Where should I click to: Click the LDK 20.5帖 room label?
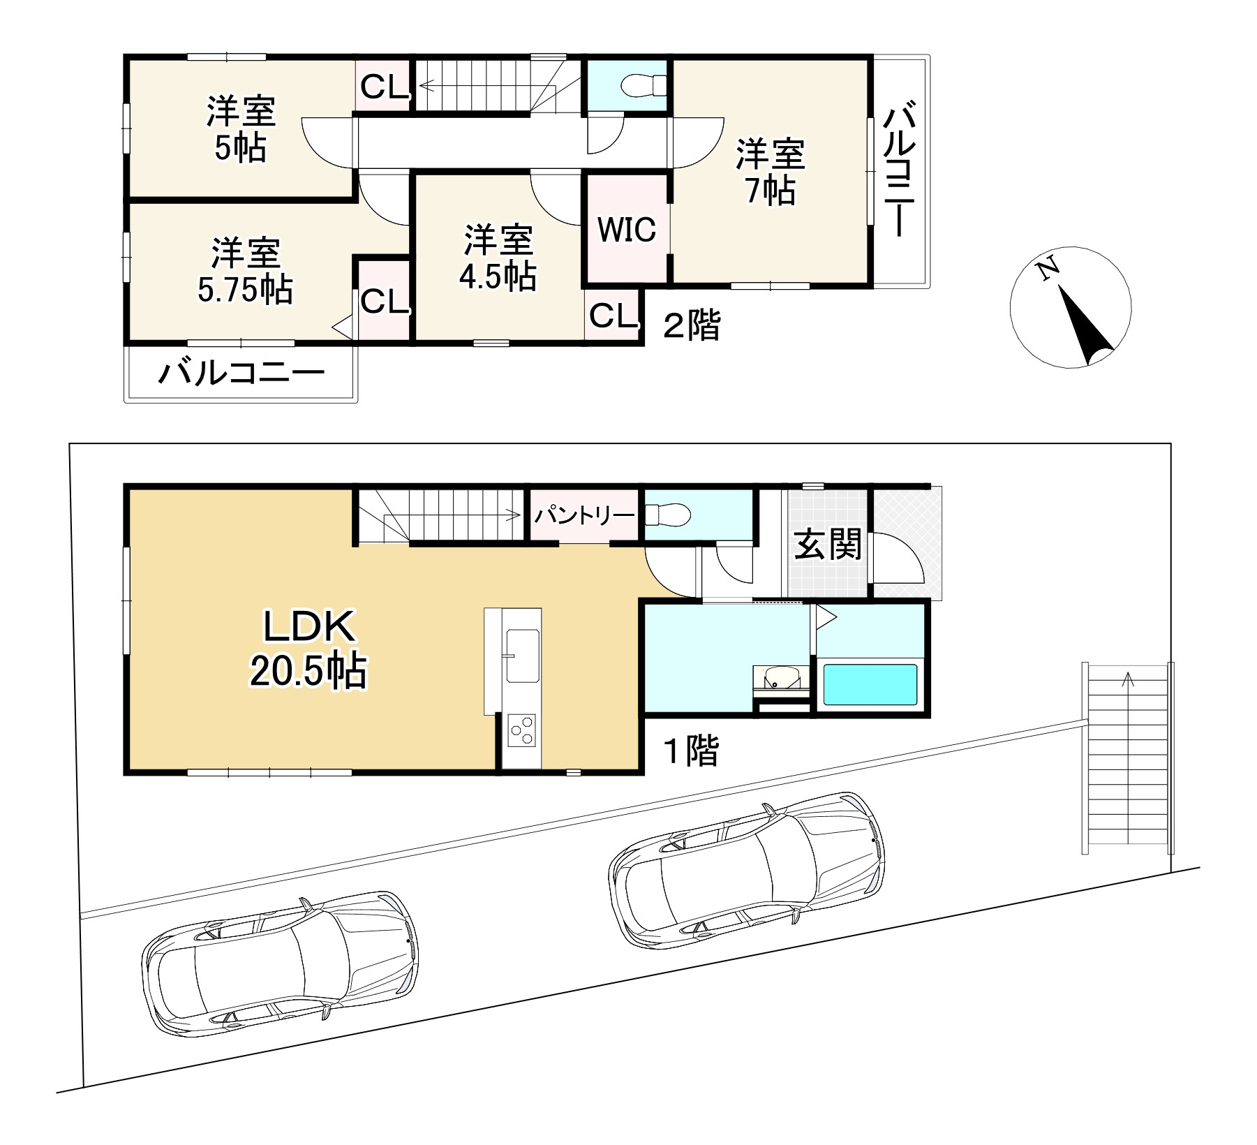(x=308, y=649)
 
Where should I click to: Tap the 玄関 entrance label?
(x=828, y=545)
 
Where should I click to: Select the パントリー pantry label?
(x=585, y=515)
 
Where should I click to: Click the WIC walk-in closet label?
(x=627, y=229)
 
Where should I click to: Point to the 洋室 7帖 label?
(x=771, y=172)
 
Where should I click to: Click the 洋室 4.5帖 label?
(x=498, y=258)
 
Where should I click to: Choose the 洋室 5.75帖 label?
(x=246, y=270)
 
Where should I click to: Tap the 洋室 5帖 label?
(x=241, y=130)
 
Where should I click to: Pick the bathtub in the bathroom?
(x=870, y=685)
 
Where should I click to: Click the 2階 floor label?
(x=691, y=325)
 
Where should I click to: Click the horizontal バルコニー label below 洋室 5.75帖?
(x=241, y=374)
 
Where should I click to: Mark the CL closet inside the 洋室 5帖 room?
(x=383, y=87)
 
